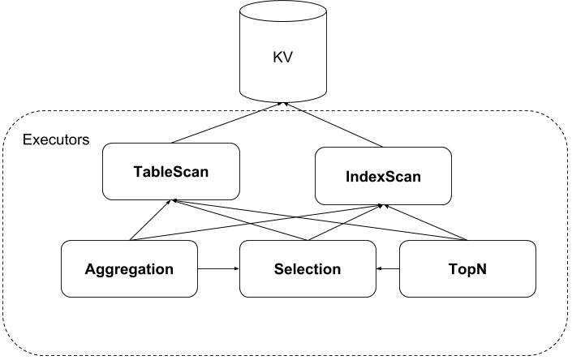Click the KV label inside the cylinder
tap(283, 58)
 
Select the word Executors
tap(56, 139)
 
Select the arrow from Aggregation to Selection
tap(218, 268)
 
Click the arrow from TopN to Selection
tap(388, 268)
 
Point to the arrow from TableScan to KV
tap(226, 123)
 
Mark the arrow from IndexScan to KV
tap(333, 125)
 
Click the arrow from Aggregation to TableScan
tap(150, 221)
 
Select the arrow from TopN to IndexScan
tap(425, 222)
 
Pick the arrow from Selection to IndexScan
tap(344, 222)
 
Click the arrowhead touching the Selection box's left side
tap(237, 268)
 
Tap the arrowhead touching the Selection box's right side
tap(379, 268)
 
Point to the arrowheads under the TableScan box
tap(172, 202)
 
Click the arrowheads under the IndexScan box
tap(383, 206)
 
